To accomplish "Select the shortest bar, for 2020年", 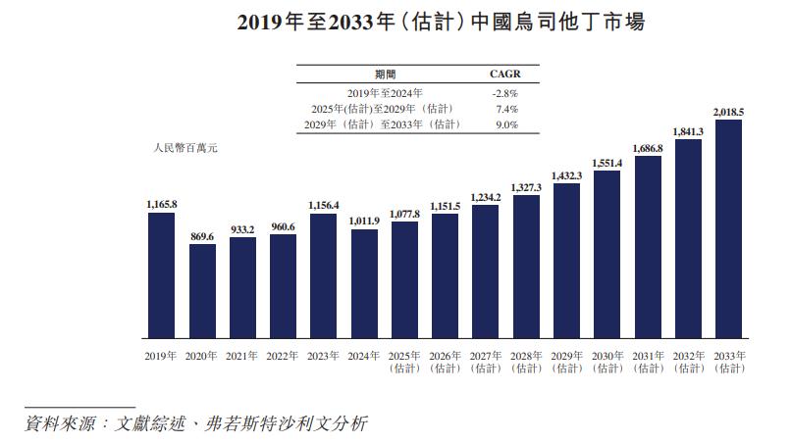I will (202, 290).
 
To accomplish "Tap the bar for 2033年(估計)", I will (728, 228).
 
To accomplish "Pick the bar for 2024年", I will (364, 283).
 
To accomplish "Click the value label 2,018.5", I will (728, 113).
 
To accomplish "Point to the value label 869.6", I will (202, 236).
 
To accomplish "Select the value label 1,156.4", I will (324, 206).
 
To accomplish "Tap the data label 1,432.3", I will (566, 175).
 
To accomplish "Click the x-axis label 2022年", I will (283, 356).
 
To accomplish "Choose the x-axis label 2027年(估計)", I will (486, 362).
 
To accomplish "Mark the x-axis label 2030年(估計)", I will (607, 362).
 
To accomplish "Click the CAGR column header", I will (504, 74).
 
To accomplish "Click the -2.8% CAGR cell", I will (504, 92).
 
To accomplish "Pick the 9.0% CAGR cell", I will (504, 124).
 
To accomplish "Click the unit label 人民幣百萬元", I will (185, 147).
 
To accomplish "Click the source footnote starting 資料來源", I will (196, 423).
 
